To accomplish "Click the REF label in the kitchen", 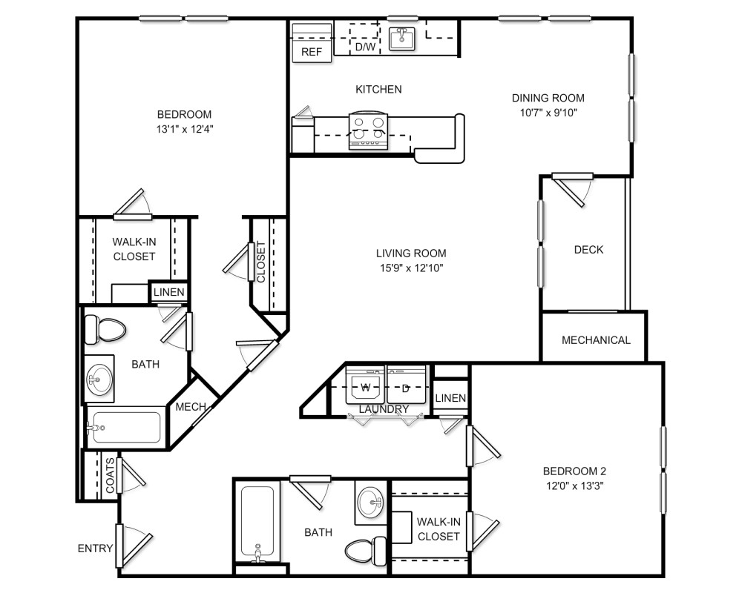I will tap(311, 53).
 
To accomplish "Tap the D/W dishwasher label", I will tap(364, 47).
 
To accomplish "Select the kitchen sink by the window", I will tap(401, 38).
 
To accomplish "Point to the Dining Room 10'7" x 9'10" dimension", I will tap(548, 113).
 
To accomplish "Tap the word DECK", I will tap(588, 250).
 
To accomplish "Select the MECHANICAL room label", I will tap(596, 340).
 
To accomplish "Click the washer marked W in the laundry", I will tap(366, 386).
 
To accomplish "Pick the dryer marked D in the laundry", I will tap(406, 386).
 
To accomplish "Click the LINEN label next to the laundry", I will tap(450, 398).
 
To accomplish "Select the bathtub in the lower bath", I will tap(257, 523).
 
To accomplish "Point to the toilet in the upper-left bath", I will tap(103, 329).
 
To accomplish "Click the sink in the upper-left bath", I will tap(98, 380).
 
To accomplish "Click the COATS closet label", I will tap(110, 475).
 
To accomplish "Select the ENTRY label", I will tap(95, 549).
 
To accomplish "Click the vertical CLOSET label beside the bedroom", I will tap(260, 262).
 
